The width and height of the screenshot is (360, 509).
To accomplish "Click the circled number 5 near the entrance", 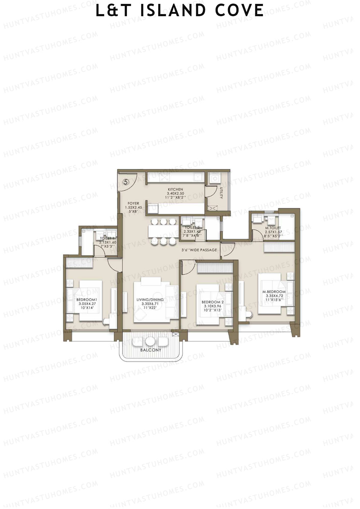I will [x=126, y=182].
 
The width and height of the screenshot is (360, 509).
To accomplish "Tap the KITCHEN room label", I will [x=175, y=190].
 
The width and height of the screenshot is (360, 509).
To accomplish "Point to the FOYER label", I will [x=133, y=203].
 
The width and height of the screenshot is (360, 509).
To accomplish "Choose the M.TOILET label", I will [x=273, y=228].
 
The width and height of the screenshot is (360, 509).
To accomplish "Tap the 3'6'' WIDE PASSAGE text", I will [x=199, y=250].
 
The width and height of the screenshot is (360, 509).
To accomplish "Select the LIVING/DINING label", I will [x=150, y=300].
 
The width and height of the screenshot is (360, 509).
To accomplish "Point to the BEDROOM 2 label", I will [x=212, y=302].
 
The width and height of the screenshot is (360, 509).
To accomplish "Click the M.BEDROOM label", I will [x=274, y=292].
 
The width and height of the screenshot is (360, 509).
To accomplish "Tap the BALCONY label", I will [x=151, y=350].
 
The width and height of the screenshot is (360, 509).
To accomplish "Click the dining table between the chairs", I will [x=163, y=231].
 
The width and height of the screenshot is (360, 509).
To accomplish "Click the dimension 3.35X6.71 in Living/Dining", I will [x=150, y=304].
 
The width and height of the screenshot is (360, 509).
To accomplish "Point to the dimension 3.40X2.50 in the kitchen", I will [x=175, y=193].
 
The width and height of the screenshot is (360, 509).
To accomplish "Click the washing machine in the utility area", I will [x=215, y=179].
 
